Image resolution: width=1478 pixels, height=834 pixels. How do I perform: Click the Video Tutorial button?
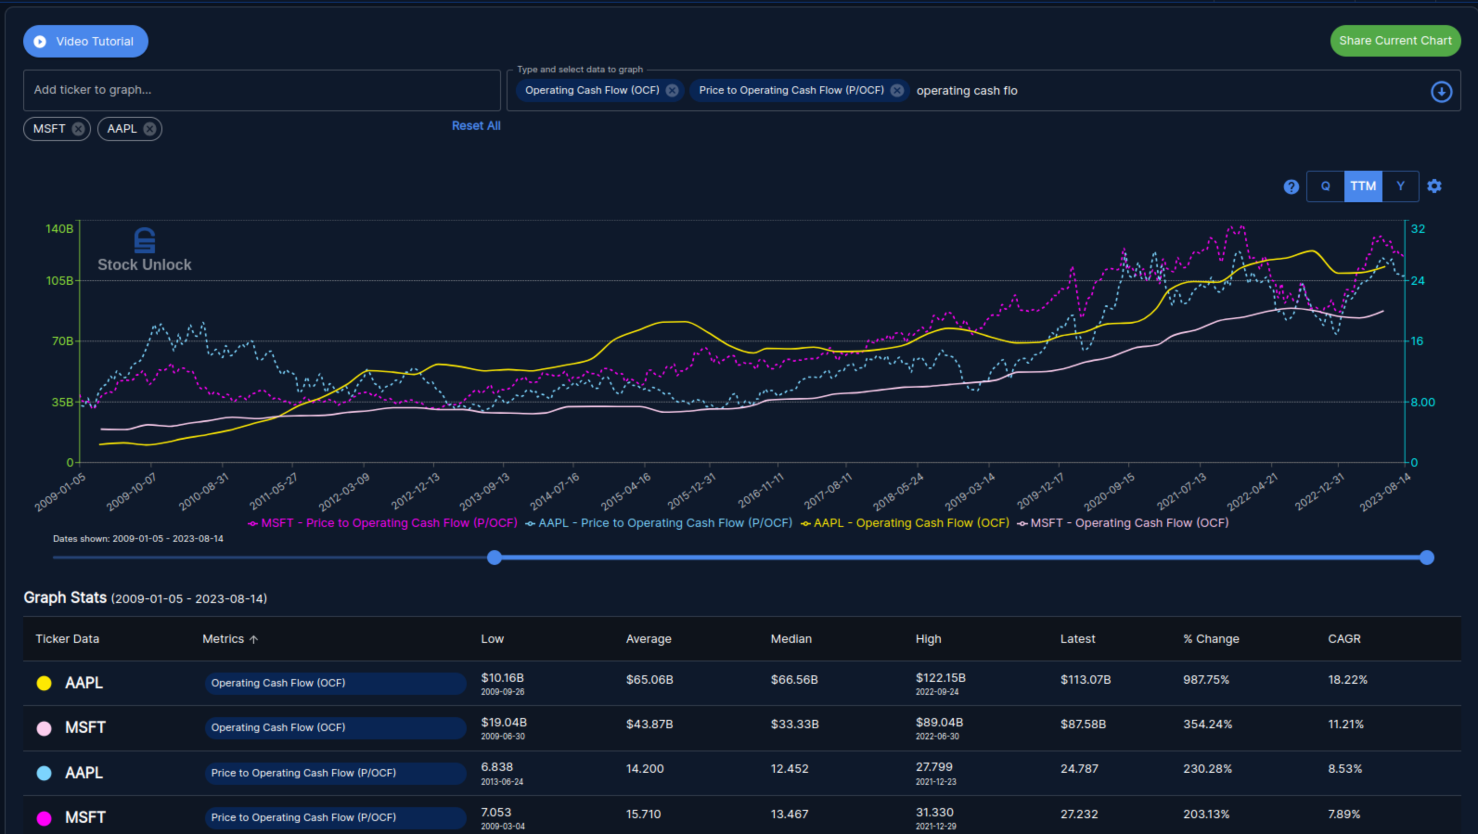pos(85,41)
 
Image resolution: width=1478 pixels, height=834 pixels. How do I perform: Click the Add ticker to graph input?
pos(261,90)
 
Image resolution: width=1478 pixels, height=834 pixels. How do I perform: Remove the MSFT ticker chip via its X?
pos(78,129)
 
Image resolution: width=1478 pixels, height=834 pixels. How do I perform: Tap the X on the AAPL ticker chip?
pos(150,129)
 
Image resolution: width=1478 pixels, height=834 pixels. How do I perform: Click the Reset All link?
pos(476,126)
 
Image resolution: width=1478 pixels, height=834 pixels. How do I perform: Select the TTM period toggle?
pos(1362,186)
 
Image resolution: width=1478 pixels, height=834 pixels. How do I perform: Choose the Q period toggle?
pos(1325,186)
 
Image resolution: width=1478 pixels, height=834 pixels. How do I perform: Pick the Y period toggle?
pos(1401,186)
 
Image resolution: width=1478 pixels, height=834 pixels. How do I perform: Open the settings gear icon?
pos(1434,186)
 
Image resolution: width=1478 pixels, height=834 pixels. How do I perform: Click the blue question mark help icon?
pos(1291,187)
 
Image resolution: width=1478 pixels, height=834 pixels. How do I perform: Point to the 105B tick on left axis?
pos(60,281)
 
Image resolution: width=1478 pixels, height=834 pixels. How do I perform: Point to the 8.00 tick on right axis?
pos(1422,402)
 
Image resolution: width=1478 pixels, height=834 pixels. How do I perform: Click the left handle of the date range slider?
pos(494,558)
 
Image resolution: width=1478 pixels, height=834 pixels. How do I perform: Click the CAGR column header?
pos(1344,639)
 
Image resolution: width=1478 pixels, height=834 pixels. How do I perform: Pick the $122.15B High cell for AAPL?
pos(940,679)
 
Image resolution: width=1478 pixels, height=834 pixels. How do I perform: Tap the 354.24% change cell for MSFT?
pos(1207,725)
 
